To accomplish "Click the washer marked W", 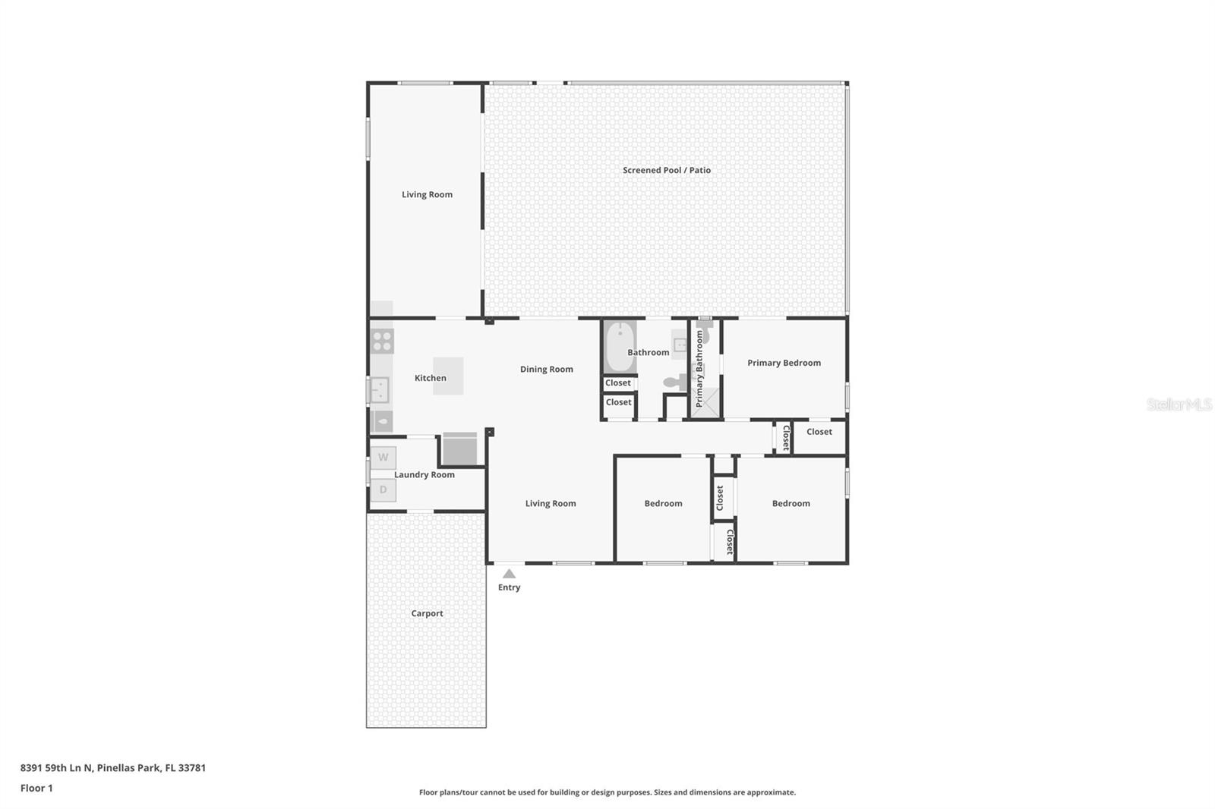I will tap(383, 458).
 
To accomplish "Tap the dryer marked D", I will tap(383, 490).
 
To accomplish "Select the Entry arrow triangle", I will tap(509, 574).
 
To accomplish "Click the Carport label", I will tap(427, 613).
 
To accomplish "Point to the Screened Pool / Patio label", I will tap(667, 170).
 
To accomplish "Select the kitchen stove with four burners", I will tap(382, 341).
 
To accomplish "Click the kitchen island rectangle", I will tap(448, 376).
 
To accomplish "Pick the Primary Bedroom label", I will tap(784, 363).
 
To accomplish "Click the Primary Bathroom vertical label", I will tap(699, 369).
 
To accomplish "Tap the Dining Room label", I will tap(546, 370).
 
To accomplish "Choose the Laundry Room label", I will tap(424, 474).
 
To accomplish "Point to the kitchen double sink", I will tap(380, 390).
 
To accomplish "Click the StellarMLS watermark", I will tap(1179, 404).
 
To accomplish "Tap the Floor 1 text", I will tap(36, 788).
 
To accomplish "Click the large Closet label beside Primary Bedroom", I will tap(819, 432).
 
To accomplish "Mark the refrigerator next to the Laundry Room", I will tap(459, 449).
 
